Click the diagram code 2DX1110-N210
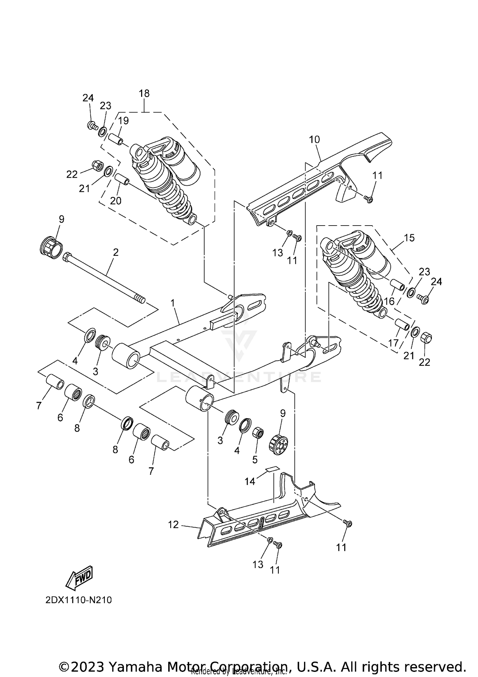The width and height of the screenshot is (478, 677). point(78,600)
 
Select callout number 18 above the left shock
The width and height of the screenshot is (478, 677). point(144,94)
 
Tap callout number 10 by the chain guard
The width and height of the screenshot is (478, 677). point(314,140)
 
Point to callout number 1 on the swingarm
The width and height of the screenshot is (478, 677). point(173,303)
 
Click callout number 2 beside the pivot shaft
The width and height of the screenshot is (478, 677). point(116,252)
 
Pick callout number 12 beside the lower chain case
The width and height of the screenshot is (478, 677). point(173,525)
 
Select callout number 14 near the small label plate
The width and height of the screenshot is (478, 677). point(250,481)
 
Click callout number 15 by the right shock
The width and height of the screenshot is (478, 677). point(409,238)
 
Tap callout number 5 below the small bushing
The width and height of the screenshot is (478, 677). point(255,459)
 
